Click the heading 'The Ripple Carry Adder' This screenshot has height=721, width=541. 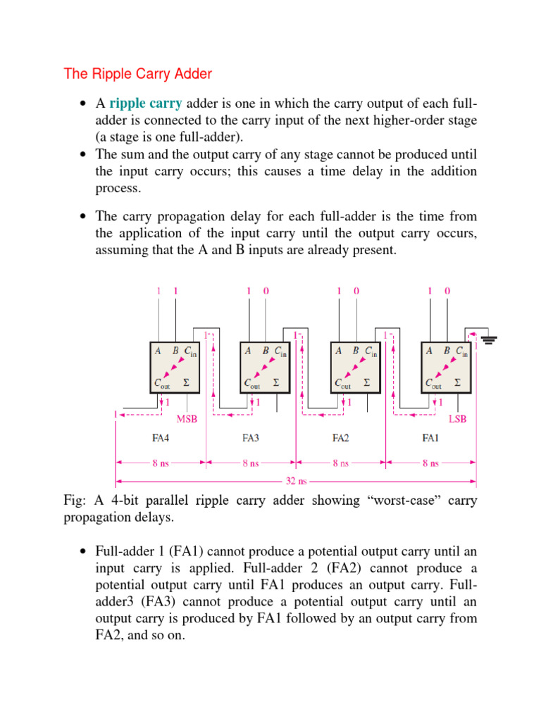(x=137, y=73)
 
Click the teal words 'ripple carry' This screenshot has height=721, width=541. (x=146, y=104)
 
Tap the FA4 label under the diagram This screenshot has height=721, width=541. (x=161, y=437)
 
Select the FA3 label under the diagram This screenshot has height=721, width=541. (x=251, y=437)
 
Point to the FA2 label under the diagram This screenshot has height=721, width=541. (x=340, y=437)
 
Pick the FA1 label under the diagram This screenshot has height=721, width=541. (x=430, y=437)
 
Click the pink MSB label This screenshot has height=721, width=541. (x=186, y=418)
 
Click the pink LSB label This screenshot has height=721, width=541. (x=457, y=418)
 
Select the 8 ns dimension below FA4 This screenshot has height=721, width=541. (x=161, y=463)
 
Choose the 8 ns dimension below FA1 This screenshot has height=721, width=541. (x=430, y=463)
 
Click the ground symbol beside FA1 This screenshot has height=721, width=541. (x=489, y=341)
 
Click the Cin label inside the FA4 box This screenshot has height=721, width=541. (x=191, y=351)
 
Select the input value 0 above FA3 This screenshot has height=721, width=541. (x=266, y=290)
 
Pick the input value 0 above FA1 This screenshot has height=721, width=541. (x=447, y=290)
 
